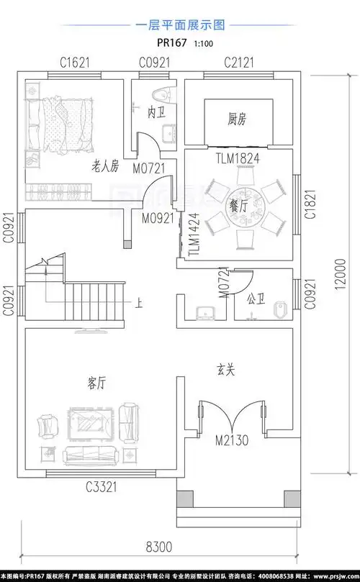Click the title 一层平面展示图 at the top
click(180, 24)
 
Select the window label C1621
click(74, 63)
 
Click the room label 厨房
click(238, 117)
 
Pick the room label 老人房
click(104, 167)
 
